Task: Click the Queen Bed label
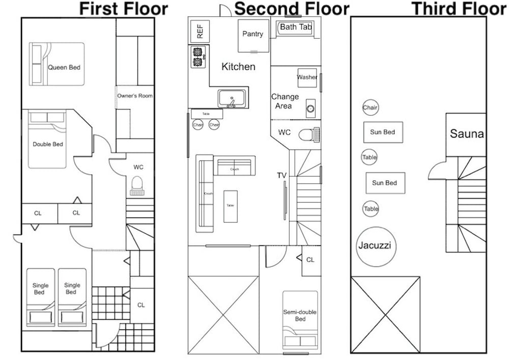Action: [64, 67]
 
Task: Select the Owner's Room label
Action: [135, 96]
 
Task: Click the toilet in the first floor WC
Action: [137, 185]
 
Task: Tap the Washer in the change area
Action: [307, 77]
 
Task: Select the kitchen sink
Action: [233, 98]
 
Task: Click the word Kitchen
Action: [238, 67]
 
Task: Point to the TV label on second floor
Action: [281, 176]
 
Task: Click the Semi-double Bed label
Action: [300, 316]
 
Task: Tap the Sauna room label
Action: [467, 134]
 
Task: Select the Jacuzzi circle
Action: [376, 246]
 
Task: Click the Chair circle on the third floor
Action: [370, 107]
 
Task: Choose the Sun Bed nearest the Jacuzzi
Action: [385, 183]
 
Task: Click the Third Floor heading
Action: [459, 9]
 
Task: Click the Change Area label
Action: [285, 101]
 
